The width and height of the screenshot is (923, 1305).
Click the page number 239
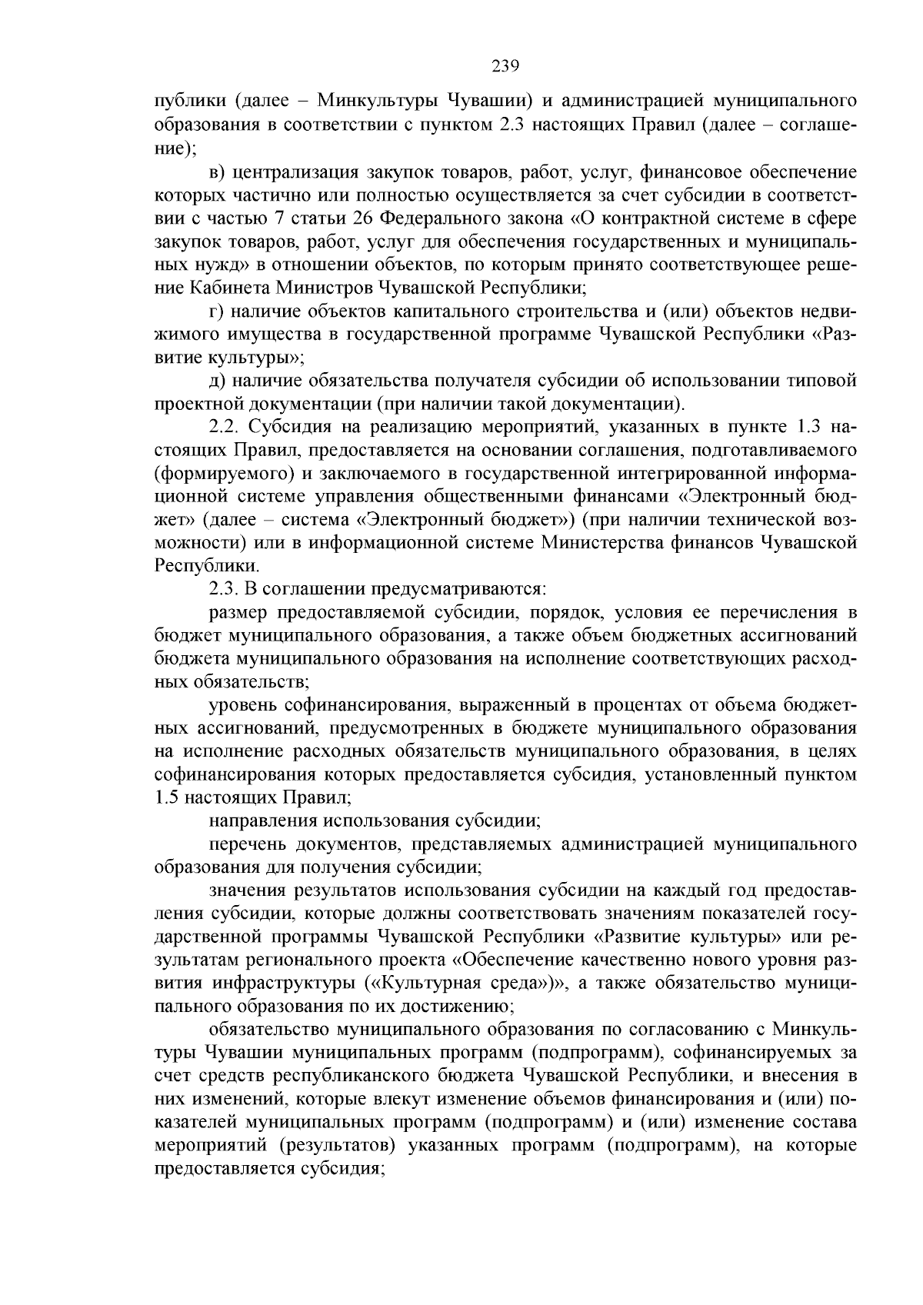(505, 66)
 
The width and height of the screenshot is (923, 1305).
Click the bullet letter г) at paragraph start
(217, 311)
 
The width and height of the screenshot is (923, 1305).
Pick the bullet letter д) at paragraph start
(217, 381)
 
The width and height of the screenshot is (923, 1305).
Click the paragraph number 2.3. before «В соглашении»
(226, 589)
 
